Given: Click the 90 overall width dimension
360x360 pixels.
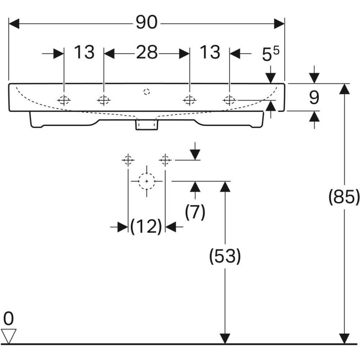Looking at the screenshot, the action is click(x=147, y=22).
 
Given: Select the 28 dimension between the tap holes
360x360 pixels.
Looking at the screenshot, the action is click(x=147, y=52).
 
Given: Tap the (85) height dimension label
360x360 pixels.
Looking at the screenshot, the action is click(x=344, y=197).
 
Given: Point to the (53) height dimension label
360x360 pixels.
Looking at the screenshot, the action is click(x=225, y=256).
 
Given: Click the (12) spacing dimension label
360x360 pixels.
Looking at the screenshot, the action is click(x=146, y=226).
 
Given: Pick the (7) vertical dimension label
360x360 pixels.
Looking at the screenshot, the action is click(x=195, y=212).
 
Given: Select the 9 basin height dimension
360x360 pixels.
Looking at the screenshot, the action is click(x=314, y=97).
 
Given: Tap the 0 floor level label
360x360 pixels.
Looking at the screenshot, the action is click(x=9, y=319).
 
